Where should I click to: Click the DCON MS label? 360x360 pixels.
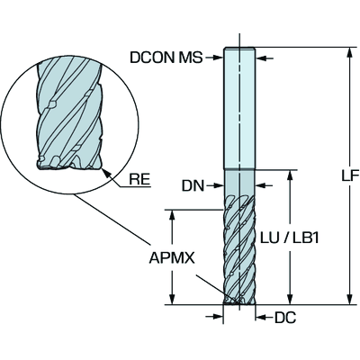coord(166,58)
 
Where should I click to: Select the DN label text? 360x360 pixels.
coord(193,186)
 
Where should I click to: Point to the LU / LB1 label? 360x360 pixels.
coord(289,238)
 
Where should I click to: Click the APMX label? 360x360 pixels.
coord(172,257)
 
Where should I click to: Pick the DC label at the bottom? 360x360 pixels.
coord(285,317)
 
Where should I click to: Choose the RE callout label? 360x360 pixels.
coord(139,179)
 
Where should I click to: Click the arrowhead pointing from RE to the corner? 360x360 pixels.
coord(106,173)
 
